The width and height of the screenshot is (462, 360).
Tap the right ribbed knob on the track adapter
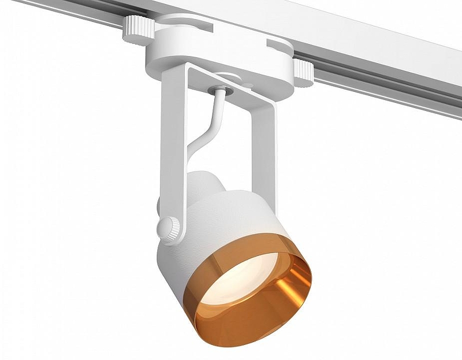tap(304, 72)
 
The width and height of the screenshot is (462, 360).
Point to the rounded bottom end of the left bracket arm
tap(173, 237)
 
